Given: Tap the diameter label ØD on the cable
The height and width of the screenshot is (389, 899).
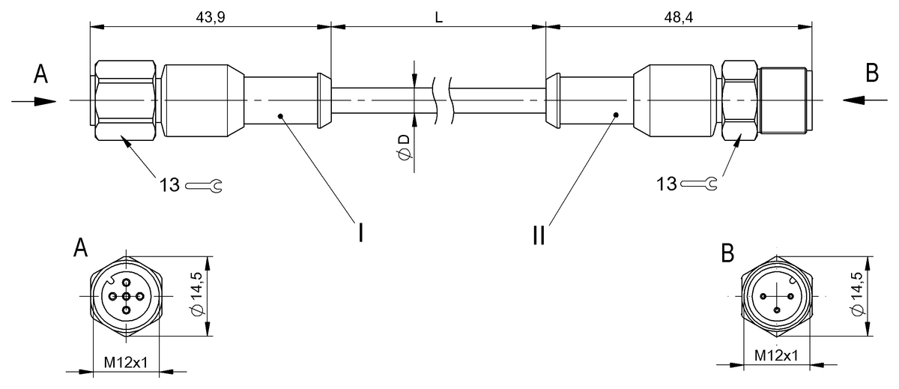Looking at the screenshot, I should point(405,145).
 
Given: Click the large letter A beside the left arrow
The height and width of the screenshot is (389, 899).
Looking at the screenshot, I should point(41,74).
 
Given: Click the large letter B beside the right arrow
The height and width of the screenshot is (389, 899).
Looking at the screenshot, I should point(872,73).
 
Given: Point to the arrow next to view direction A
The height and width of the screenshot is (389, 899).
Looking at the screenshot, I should point(34,100).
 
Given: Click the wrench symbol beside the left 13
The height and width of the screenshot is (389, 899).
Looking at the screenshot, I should point(204,184).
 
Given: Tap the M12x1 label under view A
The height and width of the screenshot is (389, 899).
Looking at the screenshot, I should point(126,363).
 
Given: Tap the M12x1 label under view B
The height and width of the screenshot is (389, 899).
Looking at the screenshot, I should point(775,355).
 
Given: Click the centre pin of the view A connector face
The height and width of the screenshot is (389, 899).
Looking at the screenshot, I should point(126,297).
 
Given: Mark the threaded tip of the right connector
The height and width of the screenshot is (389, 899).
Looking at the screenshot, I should point(784,100).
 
